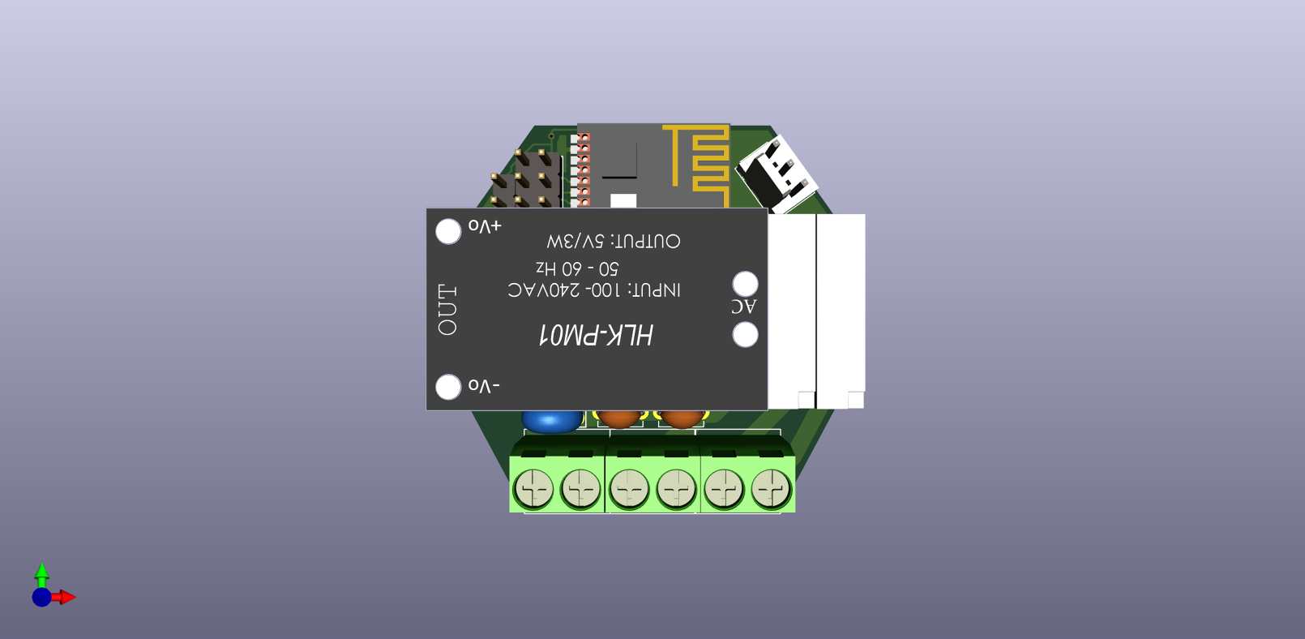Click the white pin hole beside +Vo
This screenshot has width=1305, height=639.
[x=448, y=232]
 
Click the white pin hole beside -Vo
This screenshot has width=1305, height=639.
[x=448, y=387]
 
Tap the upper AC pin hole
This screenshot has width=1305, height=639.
[x=745, y=284]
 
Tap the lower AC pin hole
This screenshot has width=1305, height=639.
[x=745, y=334]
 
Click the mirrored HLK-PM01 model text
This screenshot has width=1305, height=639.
[x=596, y=335]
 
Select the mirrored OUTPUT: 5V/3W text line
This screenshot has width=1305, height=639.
[x=614, y=242]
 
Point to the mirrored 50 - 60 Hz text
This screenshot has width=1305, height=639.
[x=577, y=268]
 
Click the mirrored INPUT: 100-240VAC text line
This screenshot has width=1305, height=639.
[x=594, y=290]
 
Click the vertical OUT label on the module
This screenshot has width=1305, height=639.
[x=447, y=310]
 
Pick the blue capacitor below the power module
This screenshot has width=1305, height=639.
[x=551, y=420]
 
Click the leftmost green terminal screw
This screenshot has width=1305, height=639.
[x=533, y=489]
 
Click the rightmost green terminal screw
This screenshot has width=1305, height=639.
[x=770, y=489]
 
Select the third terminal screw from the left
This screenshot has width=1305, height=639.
[x=629, y=489]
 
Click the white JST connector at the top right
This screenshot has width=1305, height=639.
[x=776, y=173]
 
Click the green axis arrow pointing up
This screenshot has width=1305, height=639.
[x=42, y=573]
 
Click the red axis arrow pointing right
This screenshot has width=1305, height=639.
[x=66, y=598]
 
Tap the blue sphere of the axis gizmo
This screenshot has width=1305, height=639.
[x=41, y=598]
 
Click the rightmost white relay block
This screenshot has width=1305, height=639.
[x=841, y=308]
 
